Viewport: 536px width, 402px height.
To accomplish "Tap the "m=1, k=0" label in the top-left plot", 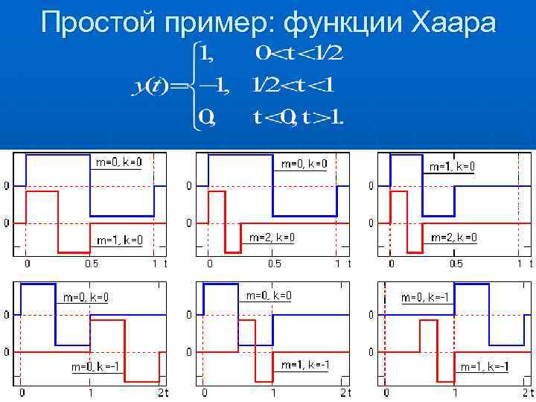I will pos(121,240).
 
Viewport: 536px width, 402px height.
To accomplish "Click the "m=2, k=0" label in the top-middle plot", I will pos(272,237).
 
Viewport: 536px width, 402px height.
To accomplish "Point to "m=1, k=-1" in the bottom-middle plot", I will pos(305,364).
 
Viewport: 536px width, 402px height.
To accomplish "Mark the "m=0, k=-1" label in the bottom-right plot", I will pos(424,298).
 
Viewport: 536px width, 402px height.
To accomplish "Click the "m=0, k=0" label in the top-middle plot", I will pos(304,164).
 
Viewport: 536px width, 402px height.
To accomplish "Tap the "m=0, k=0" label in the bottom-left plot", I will pos(85,298).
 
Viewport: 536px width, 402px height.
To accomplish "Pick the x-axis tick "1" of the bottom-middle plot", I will pos(273,392).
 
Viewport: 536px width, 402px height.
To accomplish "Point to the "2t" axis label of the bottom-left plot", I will pos(163,392).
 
